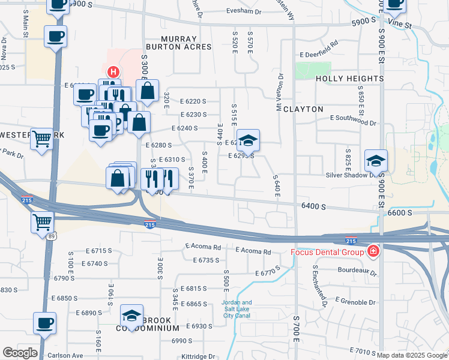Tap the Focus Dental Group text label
[328, 251]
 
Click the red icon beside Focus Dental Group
[373, 251]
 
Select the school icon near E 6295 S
[248, 141]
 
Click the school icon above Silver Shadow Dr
[376, 161]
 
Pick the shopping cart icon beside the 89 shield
[42, 222]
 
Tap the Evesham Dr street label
[244, 11]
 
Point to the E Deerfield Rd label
[318, 43]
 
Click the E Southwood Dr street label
[353, 123]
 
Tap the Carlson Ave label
[65, 355]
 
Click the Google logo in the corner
[20, 353]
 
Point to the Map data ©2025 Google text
[411, 355]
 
